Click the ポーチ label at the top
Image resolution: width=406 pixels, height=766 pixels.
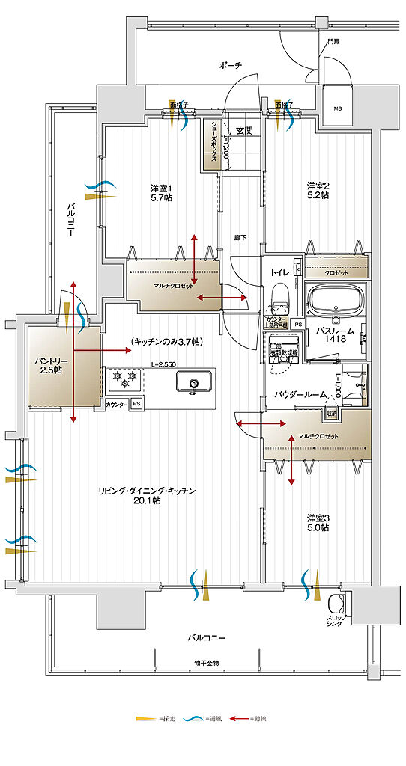pos(230,66)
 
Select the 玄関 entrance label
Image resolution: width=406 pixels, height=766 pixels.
pos(244,130)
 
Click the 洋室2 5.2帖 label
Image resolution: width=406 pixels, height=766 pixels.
pos(318,190)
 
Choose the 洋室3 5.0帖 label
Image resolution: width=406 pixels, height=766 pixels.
pos(318,522)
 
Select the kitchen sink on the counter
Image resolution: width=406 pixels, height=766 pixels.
pos(193,384)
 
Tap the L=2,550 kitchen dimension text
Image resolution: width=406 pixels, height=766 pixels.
pos(162,364)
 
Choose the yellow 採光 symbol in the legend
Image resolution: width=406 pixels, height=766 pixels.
pos(144,718)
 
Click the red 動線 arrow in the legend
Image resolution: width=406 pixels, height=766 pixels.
pos(239,718)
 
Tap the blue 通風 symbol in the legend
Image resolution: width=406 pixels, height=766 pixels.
pos(192,718)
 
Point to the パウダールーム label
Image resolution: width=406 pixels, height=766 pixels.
pos(300,393)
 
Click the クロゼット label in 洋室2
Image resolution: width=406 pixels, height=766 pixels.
pos(336,274)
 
